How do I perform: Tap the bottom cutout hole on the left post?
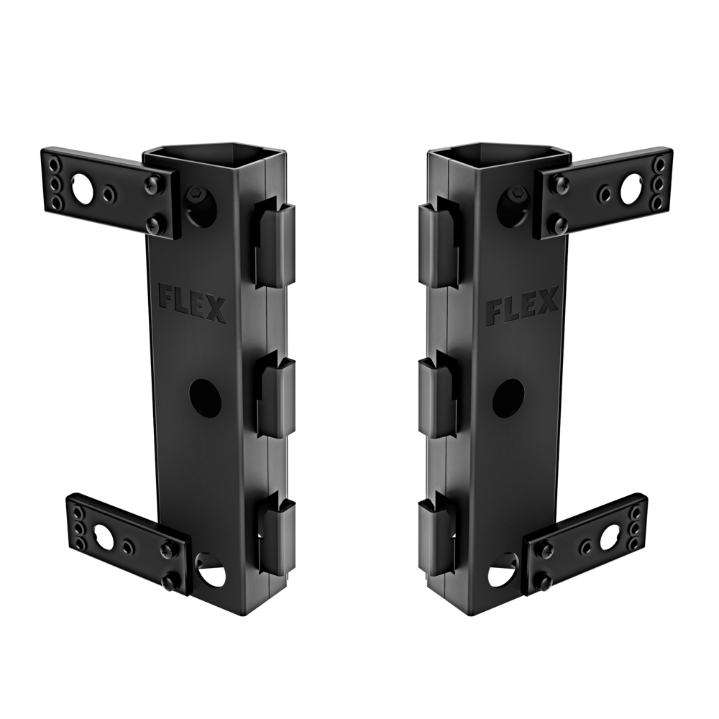(210, 572)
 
